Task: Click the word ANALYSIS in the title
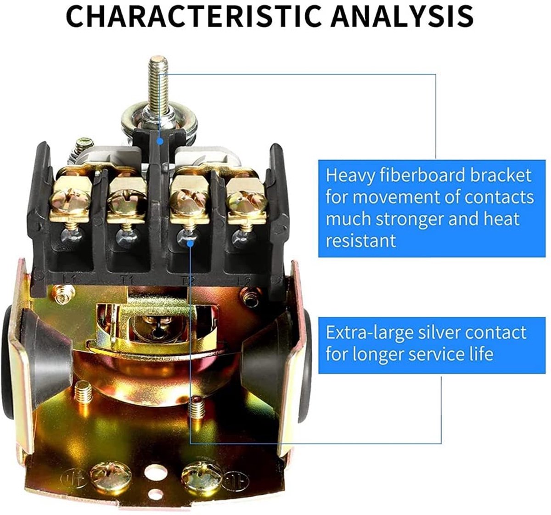coord(402,17)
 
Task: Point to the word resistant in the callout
coord(360,240)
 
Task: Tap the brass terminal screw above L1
coord(71,198)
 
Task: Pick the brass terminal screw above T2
coord(189,199)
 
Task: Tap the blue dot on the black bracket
coord(159,141)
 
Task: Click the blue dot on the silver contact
coord(190,244)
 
